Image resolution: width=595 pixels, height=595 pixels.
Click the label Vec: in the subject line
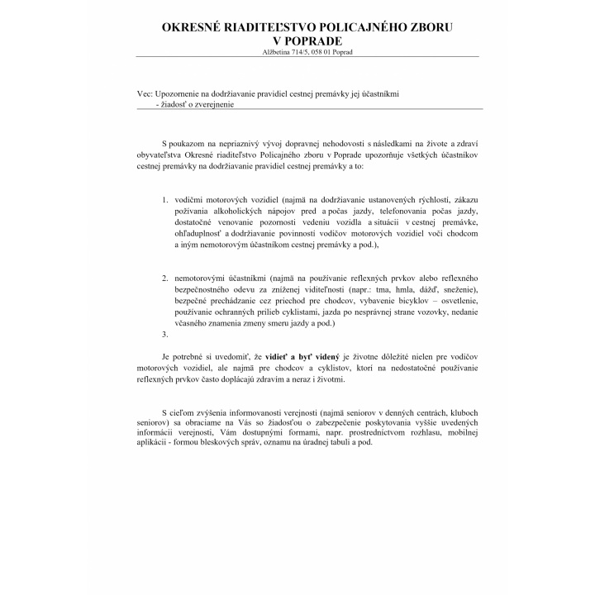point(145,94)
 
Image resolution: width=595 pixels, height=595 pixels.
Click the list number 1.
point(165,200)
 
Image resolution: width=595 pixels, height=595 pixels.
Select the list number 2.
point(165,279)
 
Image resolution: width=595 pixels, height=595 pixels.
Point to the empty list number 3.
point(165,334)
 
